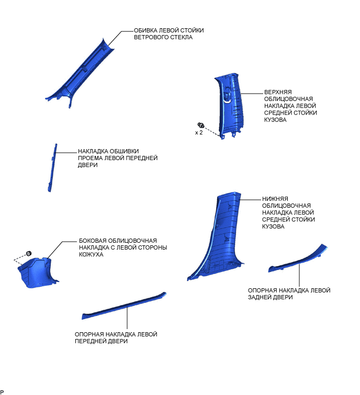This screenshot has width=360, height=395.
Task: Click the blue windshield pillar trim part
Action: click(84, 71)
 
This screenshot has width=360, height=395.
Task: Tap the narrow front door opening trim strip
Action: click(52, 167)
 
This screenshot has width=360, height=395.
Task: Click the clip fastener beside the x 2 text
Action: click(200, 125)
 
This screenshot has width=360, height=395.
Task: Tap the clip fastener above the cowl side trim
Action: click(29, 254)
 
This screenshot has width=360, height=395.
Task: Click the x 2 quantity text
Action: click(199, 133)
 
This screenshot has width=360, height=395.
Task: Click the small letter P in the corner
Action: click(2, 392)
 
